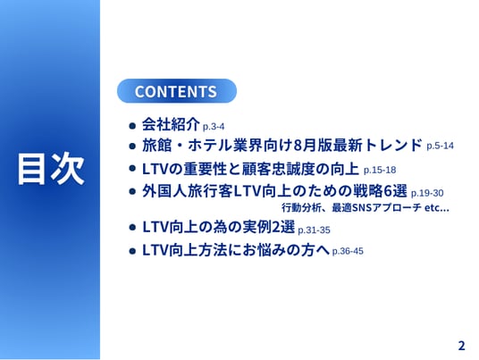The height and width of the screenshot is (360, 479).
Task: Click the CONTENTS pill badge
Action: click(x=177, y=91)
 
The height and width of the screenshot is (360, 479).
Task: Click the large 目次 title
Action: click(x=51, y=169)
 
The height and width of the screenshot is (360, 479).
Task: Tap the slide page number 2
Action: click(x=461, y=346)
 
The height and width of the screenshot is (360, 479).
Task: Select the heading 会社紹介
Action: click(x=171, y=124)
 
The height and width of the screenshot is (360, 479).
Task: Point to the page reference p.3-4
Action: click(x=214, y=127)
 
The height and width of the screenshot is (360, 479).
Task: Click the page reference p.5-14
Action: click(x=440, y=146)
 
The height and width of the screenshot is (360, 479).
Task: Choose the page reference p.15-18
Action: click(x=380, y=170)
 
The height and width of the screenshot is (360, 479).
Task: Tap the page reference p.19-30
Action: click(x=427, y=193)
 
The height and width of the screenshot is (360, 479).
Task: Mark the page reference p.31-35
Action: click(x=314, y=230)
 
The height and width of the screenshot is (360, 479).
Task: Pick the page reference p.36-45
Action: click(x=348, y=251)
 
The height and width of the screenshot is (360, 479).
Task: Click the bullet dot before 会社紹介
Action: click(x=132, y=125)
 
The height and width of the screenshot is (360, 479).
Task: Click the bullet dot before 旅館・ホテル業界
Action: click(x=132, y=146)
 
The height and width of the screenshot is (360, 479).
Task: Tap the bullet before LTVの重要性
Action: click(x=132, y=169)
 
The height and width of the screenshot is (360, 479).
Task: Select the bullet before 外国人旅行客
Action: click(x=132, y=191)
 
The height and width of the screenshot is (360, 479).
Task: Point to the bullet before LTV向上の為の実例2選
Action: click(x=132, y=227)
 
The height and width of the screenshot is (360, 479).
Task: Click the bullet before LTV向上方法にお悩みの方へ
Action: click(x=132, y=251)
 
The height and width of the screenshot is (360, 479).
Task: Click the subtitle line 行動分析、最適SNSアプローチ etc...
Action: click(x=366, y=207)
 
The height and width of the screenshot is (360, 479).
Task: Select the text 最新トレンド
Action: click(x=378, y=145)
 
